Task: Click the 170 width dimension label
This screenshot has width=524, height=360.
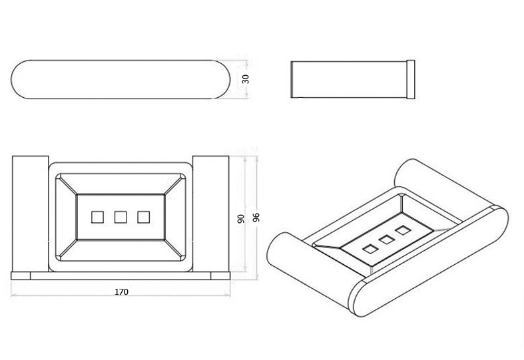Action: click(x=121, y=292)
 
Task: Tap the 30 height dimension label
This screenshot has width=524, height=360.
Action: click(x=245, y=79)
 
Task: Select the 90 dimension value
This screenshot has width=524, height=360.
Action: click(x=240, y=219)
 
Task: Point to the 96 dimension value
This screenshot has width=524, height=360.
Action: click(x=256, y=218)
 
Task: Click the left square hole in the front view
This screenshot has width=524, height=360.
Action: click(x=98, y=217)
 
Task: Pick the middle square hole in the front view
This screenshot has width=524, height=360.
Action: click(x=121, y=217)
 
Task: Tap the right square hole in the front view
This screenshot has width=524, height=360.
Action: click(x=144, y=217)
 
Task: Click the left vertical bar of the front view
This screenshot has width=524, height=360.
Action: click(x=31, y=214)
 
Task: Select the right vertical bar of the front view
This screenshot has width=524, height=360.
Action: click(x=211, y=214)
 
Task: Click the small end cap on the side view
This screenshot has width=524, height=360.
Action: click(x=411, y=79)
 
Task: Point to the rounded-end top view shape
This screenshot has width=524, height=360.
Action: click(x=121, y=79)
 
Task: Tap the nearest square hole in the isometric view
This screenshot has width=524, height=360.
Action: click(x=370, y=249)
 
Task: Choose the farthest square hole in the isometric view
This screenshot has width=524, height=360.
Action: click(x=403, y=230)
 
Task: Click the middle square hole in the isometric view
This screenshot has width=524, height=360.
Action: click(x=387, y=240)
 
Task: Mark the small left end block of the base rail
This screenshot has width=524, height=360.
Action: click(x=21, y=276)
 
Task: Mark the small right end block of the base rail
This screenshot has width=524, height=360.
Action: click(x=220, y=276)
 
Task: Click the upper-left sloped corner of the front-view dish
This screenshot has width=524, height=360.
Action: click(x=67, y=184)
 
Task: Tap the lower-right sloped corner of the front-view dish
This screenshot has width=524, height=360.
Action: click(x=175, y=250)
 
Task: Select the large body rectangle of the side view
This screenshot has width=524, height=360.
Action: click(x=349, y=79)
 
